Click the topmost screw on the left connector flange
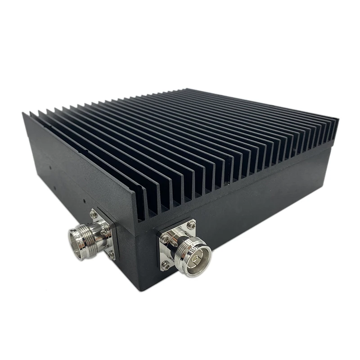(x=94, y=215)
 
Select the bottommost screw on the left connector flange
(x=111, y=255)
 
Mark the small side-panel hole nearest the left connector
(x=84, y=198)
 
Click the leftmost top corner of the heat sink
(x=23, y=113)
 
